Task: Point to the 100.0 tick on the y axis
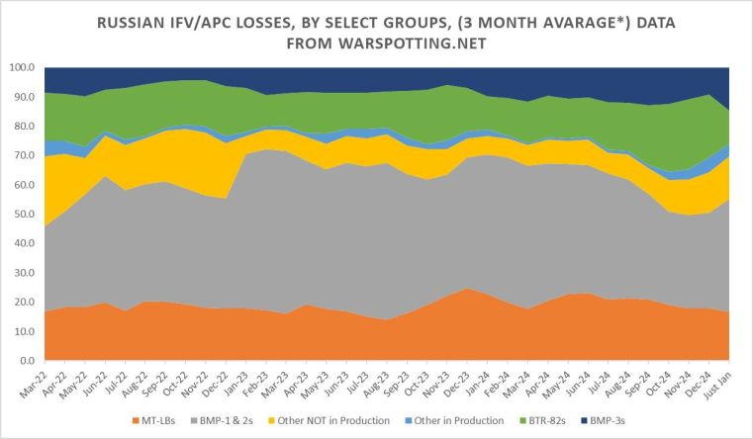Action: coord(21,67)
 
